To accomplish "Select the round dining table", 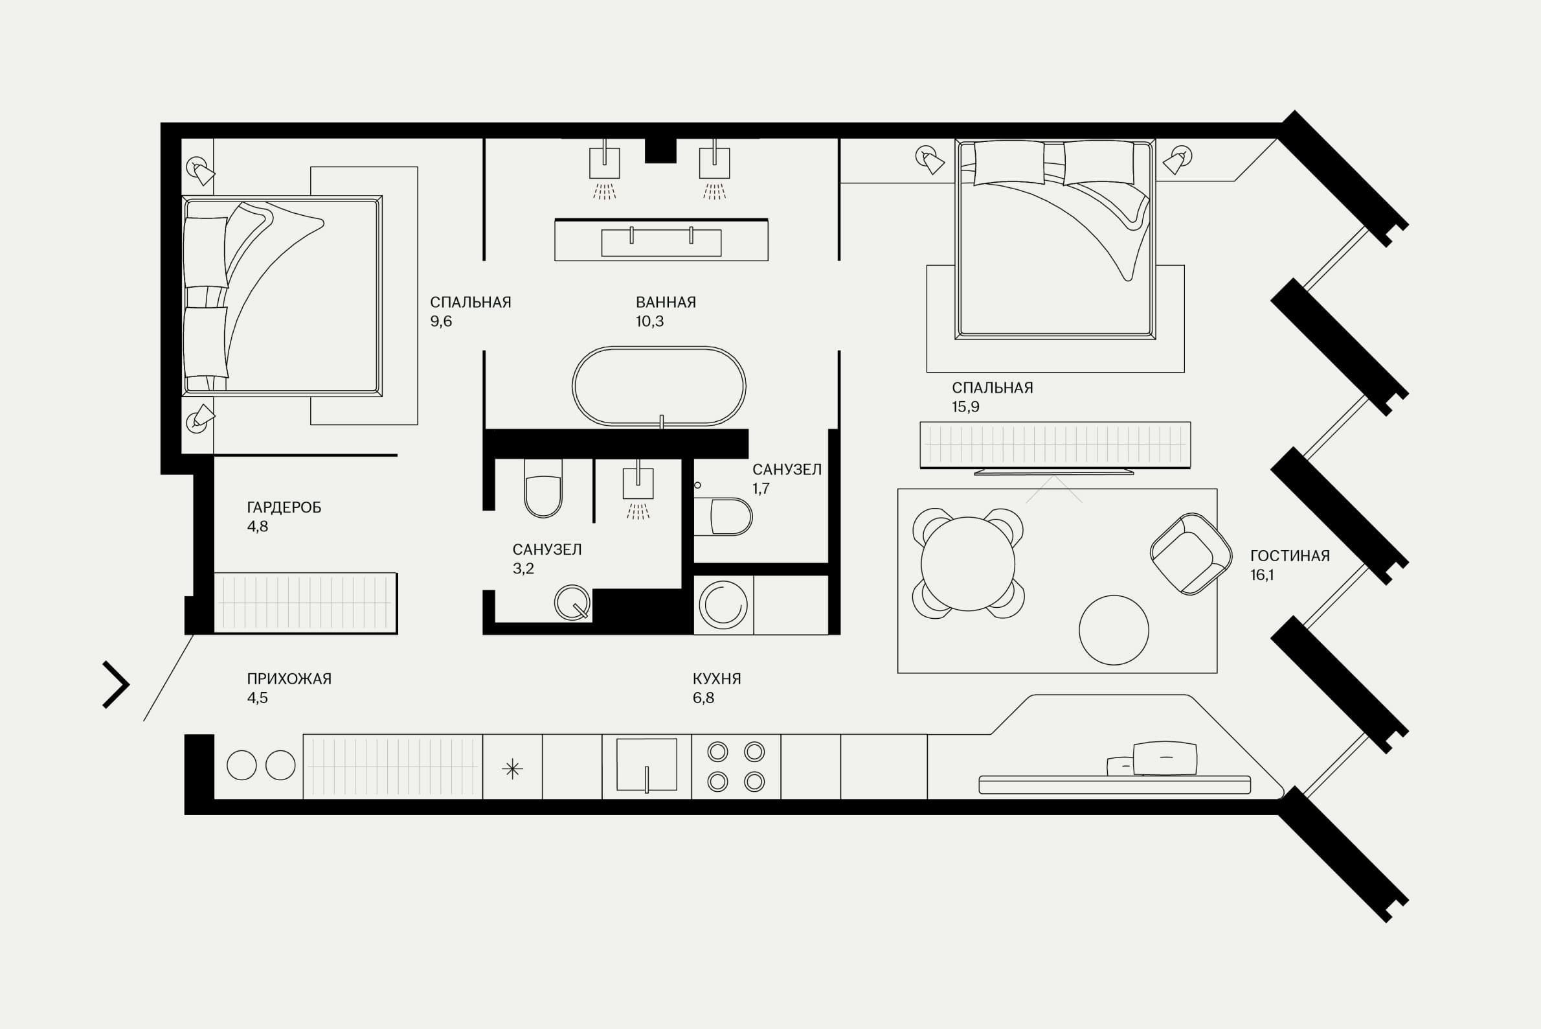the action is pyautogui.click(x=968, y=564).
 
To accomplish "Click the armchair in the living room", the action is pyautogui.click(x=1191, y=554).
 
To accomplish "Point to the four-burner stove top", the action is pyautogui.click(x=736, y=767).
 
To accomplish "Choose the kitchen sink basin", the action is pyautogui.click(x=647, y=765).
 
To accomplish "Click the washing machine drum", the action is pyautogui.click(x=723, y=604).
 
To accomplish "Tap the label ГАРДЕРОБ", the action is pyautogui.click(x=284, y=507).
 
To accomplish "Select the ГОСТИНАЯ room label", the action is pyautogui.click(x=1290, y=556).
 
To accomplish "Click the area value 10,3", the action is pyautogui.click(x=649, y=321).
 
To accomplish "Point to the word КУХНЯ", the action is pyautogui.click(x=717, y=679).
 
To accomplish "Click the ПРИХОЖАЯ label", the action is pyautogui.click(x=289, y=679).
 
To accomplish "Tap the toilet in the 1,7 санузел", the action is pyautogui.click(x=723, y=517).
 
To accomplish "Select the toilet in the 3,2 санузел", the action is pyautogui.click(x=543, y=488).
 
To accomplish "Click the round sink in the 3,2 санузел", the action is pyautogui.click(x=572, y=603).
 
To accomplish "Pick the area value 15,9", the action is pyautogui.click(x=965, y=407).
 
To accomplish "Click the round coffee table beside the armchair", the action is pyautogui.click(x=1114, y=630).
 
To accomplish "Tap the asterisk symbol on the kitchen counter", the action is pyautogui.click(x=512, y=769).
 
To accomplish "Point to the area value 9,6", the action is pyautogui.click(x=441, y=321).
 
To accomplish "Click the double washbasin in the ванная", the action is pyautogui.click(x=661, y=241).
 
